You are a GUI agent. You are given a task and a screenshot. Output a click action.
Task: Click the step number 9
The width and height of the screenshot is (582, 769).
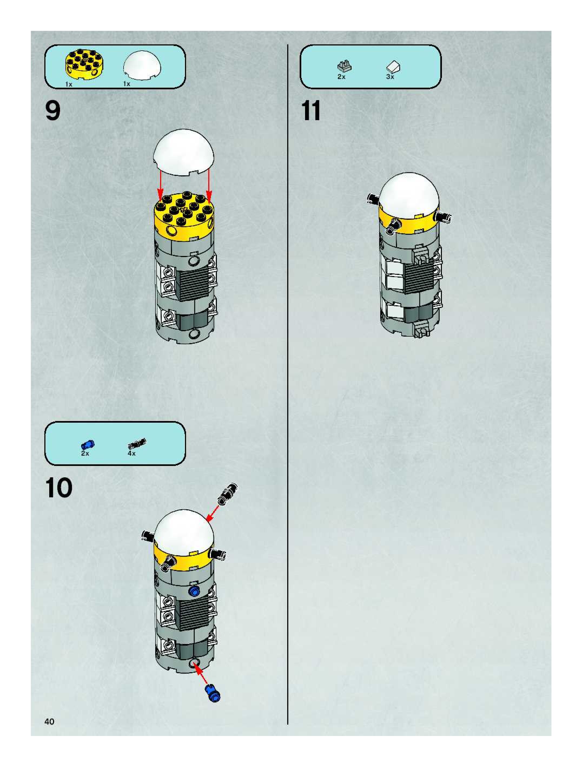[53, 111]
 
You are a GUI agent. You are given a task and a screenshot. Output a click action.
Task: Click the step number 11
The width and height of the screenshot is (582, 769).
[311, 111]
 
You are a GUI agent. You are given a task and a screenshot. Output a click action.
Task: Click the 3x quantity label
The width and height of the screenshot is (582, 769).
[390, 77]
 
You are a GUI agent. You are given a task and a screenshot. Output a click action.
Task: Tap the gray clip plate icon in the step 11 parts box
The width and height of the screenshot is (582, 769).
[344, 66]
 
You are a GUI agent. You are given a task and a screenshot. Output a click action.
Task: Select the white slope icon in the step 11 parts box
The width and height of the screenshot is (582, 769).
[393, 66]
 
